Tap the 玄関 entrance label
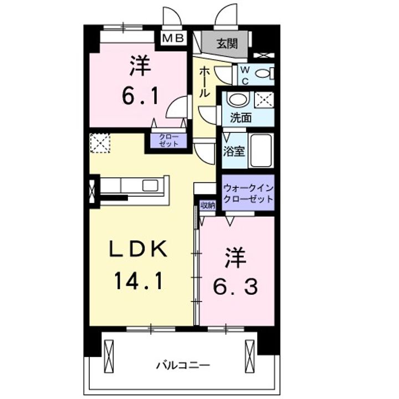pyautogui.click(x=227, y=42)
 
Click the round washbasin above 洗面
pyautogui.click(x=238, y=100)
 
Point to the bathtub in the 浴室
pyautogui.click(x=260, y=150)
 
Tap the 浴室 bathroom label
pyautogui.click(x=233, y=151)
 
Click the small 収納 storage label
pyautogui.click(x=208, y=206)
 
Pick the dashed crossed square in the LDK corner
pyautogui.click(x=100, y=142)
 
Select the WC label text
pyautogui.click(x=244, y=75)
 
